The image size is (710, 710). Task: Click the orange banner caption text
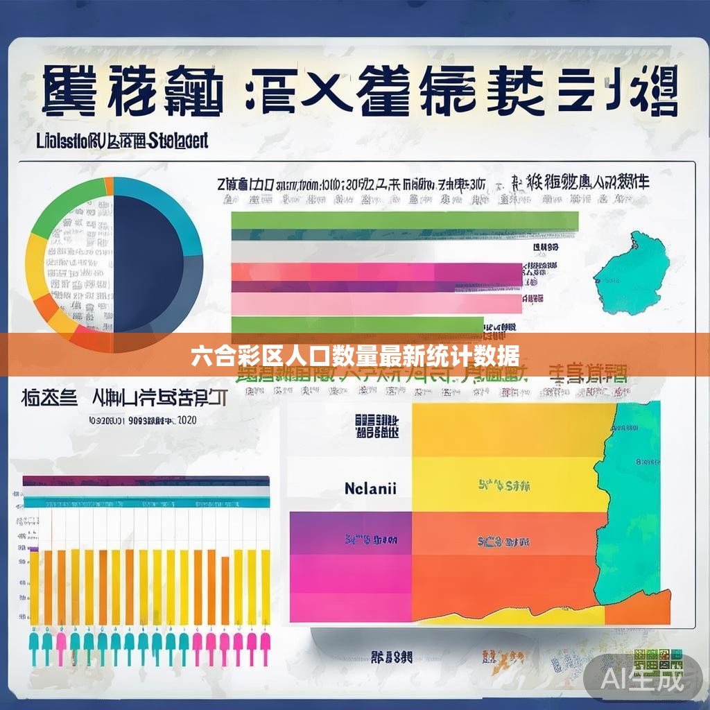(354, 356)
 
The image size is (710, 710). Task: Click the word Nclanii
(370, 487)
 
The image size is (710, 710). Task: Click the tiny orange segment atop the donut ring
(109, 185)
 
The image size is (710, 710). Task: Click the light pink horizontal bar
(375, 303)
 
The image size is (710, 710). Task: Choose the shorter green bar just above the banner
(356, 324)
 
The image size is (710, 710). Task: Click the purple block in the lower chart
(350, 532)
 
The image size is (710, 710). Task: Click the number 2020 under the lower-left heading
(187, 421)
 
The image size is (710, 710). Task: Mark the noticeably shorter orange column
(225, 589)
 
